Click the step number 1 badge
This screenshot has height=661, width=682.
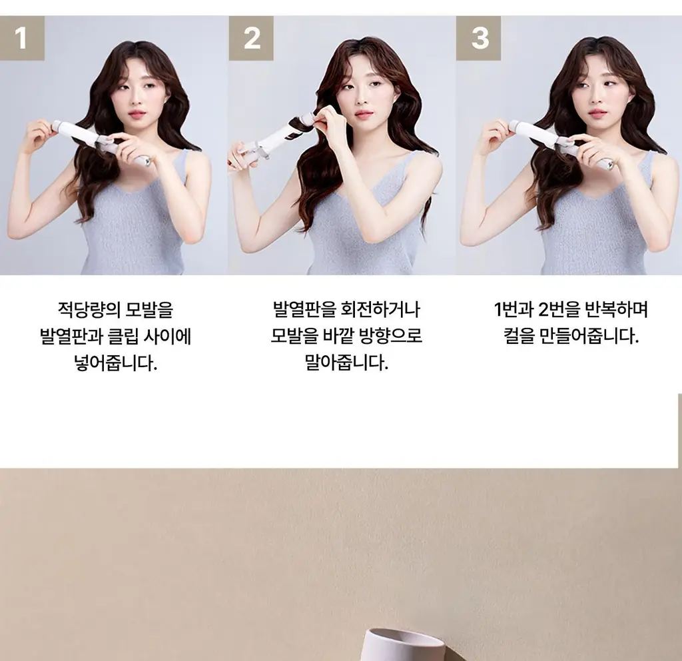pyautogui.click(x=22, y=38)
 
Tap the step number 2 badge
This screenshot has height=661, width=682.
pyautogui.click(x=251, y=38)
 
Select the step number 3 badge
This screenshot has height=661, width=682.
pyautogui.click(x=478, y=38)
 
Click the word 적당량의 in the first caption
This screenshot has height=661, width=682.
pyautogui.click(x=89, y=310)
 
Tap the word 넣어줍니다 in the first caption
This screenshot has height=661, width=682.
pyautogui.click(x=115, y=362)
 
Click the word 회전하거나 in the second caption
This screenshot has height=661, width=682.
pyautogui.click(x=380, y=309)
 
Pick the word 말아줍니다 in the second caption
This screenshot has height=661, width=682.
pyautogui.click(x=346, y=362)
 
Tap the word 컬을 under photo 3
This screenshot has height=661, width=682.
pyautogui.click(x=519, y=336)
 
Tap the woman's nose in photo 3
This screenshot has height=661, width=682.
pyautogui.click(x=596, y=101)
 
